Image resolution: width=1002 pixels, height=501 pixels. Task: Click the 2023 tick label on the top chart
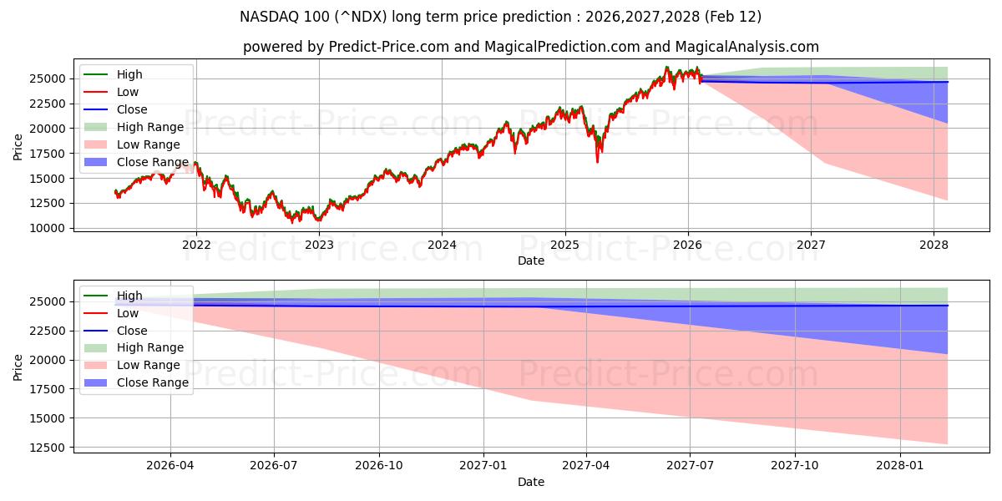(x=319, y=245)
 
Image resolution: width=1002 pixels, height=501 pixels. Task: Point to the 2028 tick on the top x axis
(x=934, y=245)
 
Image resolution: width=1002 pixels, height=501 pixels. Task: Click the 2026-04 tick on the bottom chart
(x=170, y=466)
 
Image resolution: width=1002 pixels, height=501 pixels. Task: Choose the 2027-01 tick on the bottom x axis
(x=483, y=466)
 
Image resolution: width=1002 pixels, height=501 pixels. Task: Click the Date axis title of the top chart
(x=531, y=261)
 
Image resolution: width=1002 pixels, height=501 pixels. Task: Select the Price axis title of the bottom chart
(x=18, y=366)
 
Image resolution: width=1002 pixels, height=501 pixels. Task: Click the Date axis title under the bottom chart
(x=531, y=482)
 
